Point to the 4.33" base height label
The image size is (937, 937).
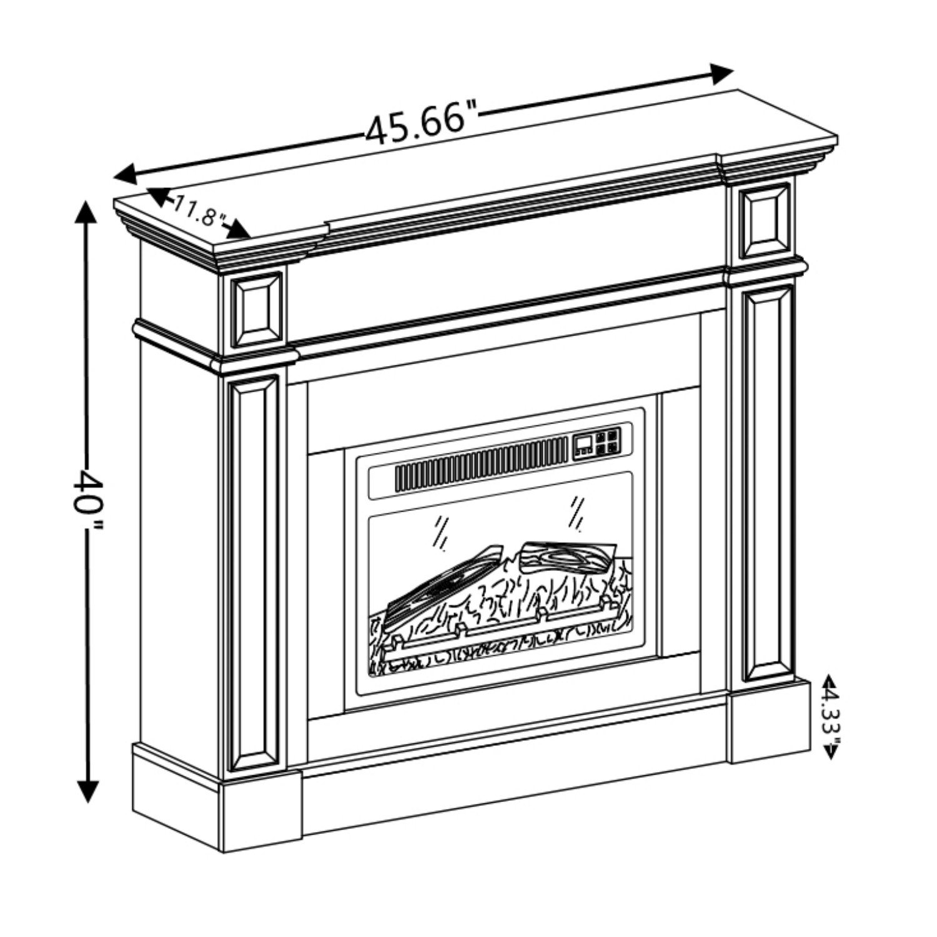point(831,719)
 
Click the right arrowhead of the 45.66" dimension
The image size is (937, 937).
point(721,74)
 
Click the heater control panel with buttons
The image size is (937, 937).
point(598,442)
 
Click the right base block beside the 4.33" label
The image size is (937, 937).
point(771,721)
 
